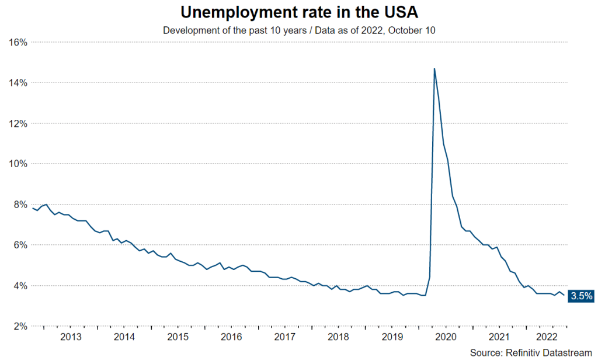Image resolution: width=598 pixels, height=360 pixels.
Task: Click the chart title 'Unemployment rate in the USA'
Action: tap(300, 13)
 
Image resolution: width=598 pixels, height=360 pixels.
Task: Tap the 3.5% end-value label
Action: tap(582, 296)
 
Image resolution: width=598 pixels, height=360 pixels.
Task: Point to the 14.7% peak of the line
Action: tap(434, 68)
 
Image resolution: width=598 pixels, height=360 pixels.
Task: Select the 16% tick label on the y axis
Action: tap(19, 42)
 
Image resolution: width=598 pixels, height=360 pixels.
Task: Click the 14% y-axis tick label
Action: tap(19, 83)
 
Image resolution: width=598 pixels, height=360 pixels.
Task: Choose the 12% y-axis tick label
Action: tap(19, 123)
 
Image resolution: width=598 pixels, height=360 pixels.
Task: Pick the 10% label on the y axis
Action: tap(19, 164)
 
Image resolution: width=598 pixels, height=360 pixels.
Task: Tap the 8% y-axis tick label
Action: tap(21, 205)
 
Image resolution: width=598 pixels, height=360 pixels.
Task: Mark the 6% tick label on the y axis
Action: tap(21, 245)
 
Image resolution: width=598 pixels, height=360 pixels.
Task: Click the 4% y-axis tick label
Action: tap(21, 286)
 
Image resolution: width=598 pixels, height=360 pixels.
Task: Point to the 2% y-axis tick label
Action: tap(21, 326)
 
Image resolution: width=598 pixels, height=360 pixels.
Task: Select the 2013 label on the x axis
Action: tap(71, 337)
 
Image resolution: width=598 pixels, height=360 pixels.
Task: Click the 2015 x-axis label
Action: tap(178, 337)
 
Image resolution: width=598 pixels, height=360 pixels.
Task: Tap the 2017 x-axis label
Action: tap(284, 337)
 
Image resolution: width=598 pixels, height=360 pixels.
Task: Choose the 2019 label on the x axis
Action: tap(392, 337)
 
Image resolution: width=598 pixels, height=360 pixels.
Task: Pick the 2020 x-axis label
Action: tap(445, 337)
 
